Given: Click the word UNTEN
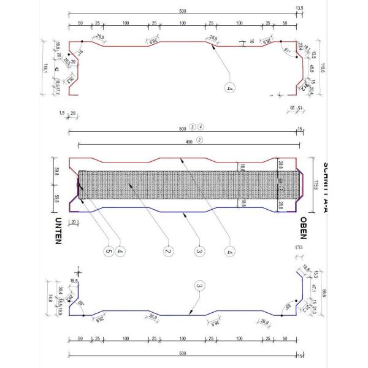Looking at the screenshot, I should [58, 231].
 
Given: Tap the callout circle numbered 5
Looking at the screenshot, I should [109, 250].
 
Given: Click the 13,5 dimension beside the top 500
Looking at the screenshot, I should [300, 8].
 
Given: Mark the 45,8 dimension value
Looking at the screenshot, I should [313, 69].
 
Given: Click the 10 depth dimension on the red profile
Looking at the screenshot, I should [251, 42].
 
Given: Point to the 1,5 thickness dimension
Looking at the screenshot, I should [61, 113].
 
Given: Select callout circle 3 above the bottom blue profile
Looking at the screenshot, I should [198, 285].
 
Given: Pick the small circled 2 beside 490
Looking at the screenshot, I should [199, 140].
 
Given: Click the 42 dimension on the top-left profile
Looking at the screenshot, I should [56, 69].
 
